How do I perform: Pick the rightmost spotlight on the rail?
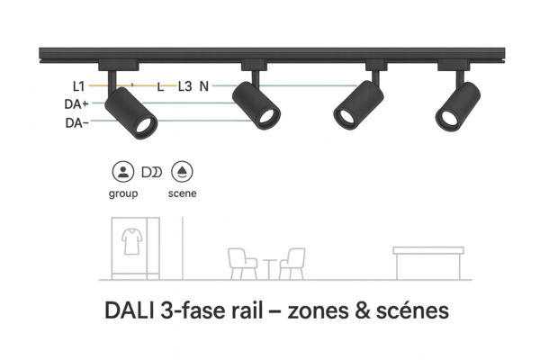point(456,106)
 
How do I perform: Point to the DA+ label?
point(75,104)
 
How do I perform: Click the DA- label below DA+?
point(75,121)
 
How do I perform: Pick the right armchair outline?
point(293,263)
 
